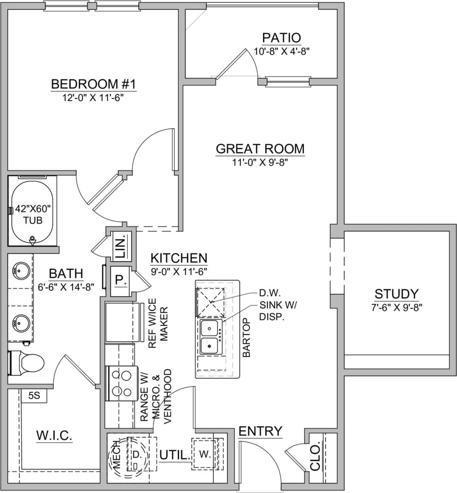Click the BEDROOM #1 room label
(93, 84)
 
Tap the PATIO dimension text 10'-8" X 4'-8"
(281, 51)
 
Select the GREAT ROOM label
(260, 149)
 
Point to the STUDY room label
(396, 294)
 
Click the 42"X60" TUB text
(33, 214)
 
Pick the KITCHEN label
(179, 258)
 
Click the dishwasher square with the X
(211, 303)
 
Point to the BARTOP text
(247, 338)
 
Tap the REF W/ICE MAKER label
(158, 323)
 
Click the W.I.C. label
(54, 436)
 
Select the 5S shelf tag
(34, 395)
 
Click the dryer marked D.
(137, 455)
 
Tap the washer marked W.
(204, 454)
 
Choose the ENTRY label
(260, 431)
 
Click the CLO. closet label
(315, 457)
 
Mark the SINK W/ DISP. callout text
(278, 311)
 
